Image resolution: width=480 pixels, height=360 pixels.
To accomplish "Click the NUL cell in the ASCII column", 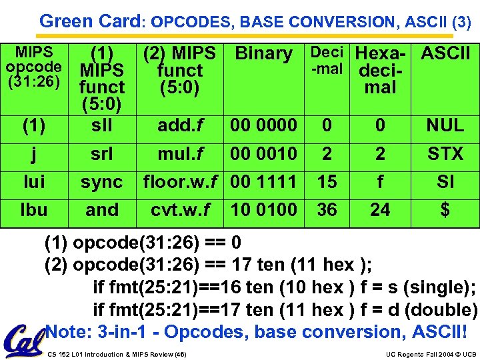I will (445, 125).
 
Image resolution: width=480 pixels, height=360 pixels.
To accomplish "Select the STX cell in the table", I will (445, 154).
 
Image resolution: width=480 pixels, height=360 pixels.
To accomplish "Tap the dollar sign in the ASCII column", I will (445, 210).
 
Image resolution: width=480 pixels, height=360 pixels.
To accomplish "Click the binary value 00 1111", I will (263, 182).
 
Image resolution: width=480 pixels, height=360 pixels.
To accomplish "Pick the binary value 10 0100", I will (263, 210).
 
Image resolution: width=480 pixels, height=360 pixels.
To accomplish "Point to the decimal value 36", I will (327, 210).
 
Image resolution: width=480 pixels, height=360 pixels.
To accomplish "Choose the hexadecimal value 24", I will (380, 210).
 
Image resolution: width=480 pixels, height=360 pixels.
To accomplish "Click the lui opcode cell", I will (34, 182).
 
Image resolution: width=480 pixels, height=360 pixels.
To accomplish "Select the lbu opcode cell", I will (34, 210).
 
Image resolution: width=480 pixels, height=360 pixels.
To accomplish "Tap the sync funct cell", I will (102, 182).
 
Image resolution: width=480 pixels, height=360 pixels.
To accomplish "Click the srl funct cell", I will (102, 154).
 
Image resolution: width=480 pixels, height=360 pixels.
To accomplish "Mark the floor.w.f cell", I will (180, 182).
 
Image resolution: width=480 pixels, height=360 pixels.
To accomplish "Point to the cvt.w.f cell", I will (180, 210).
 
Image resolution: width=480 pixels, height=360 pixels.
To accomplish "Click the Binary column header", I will (264, 54).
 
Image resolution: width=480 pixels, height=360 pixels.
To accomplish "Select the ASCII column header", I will (445, 53).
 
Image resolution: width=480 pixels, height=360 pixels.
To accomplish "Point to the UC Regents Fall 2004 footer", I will (429, 355).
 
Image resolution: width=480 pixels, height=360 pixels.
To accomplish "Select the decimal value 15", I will (327, 182).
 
